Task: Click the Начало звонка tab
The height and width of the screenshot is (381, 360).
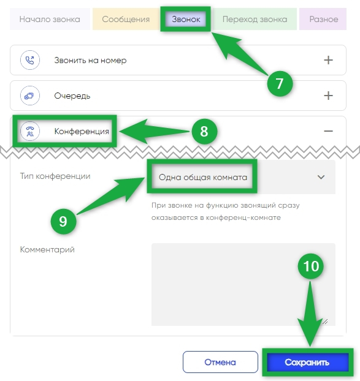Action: [x=50, y=19]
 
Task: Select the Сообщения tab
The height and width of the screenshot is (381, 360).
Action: [x=126, y=19]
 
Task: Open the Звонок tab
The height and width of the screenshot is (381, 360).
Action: [x=186, y=19]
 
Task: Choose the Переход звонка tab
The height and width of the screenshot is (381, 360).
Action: [x=255, y=19]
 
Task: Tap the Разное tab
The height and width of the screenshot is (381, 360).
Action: [x=323, y=19]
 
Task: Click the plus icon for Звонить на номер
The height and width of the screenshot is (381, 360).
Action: [x=328, y=60]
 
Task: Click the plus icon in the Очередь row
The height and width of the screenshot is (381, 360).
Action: [x=328, y=96]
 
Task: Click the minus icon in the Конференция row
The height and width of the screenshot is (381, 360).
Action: [x=328, y=131]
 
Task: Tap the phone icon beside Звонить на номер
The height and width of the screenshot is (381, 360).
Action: [x=30, y=60]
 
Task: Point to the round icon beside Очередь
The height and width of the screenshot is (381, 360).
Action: [x=30, y=96]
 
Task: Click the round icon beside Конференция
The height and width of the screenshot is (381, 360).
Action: [x=30, y=131]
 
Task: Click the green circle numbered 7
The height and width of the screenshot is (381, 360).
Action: [x=280, y=83]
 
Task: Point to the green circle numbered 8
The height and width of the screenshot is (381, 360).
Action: [x=204, y=132]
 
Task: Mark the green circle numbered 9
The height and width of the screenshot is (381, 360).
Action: [x=63, y=221]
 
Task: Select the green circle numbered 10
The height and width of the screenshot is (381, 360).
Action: [x=310, y=266]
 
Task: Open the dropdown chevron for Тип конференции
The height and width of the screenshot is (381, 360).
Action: [x=321, y=177]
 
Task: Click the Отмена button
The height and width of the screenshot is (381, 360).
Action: [x=220, y=362]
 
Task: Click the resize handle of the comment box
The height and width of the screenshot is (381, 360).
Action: [x=325, y=322]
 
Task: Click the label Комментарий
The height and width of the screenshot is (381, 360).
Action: [x=47, y=250]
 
